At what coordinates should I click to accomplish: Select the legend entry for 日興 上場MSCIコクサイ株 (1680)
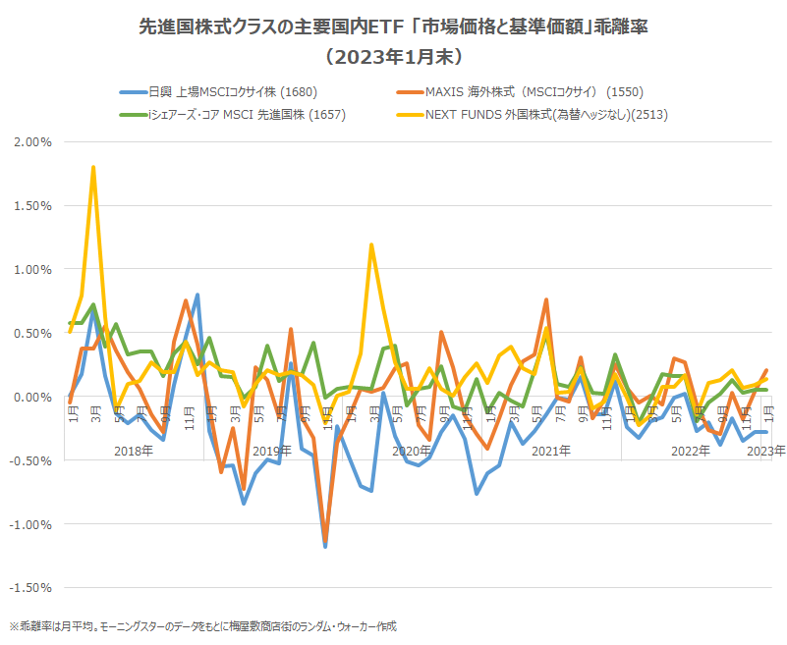pos(214,92)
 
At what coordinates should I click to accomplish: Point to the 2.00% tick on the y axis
pos(32,141)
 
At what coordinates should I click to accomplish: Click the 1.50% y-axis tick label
pos(32,205)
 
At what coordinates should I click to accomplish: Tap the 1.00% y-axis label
pos(32,269)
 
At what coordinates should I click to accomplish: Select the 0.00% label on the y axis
pos(32,397)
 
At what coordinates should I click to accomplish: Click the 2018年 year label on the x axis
pos(133,451)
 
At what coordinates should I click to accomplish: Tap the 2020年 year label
pos(412,451)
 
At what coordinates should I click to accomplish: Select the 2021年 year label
pos(551,451)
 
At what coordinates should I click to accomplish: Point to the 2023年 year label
pos(765,451)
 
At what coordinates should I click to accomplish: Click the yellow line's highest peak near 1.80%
pos(93,167)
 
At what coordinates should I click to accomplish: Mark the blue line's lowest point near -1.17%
pos(325,546)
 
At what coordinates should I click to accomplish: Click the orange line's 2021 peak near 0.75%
pos(546,300)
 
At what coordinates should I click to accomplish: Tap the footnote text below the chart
pos(203,625)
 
